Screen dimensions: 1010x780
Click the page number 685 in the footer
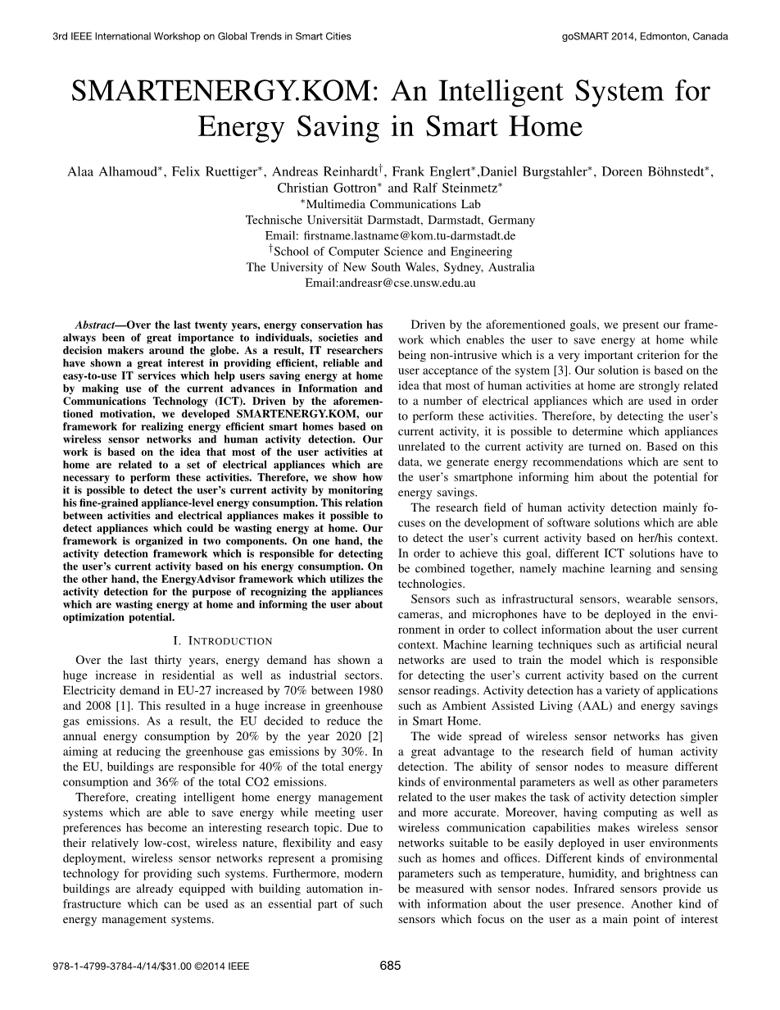coord(391,966)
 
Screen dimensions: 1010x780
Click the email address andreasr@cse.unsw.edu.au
coord(390,283)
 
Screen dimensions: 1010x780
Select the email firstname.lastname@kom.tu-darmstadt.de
coord(390,235)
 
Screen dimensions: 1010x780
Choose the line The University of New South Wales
coord(390,267)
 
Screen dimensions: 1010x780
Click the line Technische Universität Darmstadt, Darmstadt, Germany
coord(390,220)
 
